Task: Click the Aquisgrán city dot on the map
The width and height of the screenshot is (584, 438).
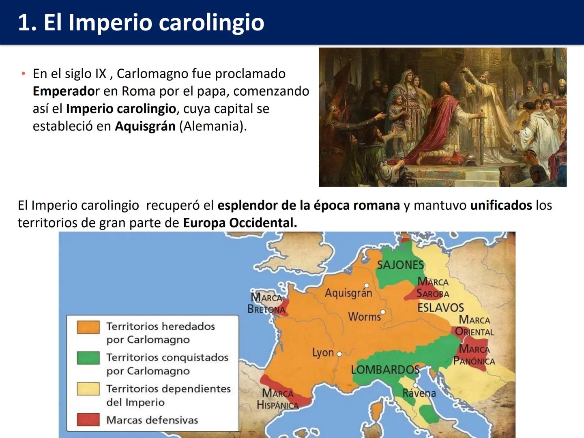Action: (366, 286)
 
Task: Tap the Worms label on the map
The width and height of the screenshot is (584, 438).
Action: (364, 316)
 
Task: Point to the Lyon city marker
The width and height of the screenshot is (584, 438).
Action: (339, 354)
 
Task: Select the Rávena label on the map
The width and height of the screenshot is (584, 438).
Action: (419, 393)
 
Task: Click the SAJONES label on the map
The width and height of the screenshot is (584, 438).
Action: (400, 265)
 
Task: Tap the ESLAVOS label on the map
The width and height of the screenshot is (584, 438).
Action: (440, 307)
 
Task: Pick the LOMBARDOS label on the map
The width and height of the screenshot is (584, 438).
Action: (385, 369)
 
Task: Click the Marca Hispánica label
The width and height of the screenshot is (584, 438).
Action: (278, 399)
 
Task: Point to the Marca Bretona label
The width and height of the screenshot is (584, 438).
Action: (266, 303)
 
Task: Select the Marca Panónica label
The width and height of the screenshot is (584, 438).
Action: (474, 355)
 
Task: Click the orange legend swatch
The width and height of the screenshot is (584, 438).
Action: (88, 327)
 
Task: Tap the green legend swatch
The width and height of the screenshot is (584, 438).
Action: (88, 358)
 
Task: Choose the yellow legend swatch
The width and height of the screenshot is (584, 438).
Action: (88, 389)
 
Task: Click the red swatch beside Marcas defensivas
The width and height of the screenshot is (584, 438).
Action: (88, 420)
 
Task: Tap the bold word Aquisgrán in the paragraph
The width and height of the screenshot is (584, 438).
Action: (145, 126)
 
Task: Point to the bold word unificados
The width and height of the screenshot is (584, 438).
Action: (501, 205)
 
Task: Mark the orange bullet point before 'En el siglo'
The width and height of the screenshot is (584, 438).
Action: (24, 74)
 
